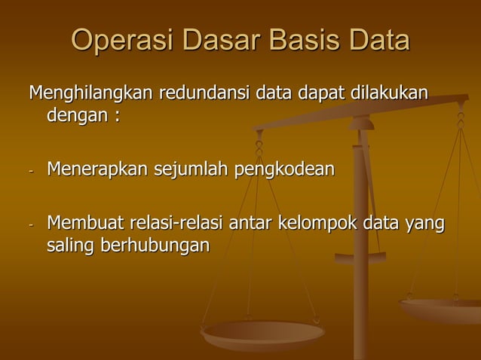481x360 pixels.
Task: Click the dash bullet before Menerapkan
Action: coord(32,170)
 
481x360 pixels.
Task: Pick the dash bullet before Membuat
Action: coord(32,225)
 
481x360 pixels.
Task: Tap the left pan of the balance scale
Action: coord(262,331)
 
